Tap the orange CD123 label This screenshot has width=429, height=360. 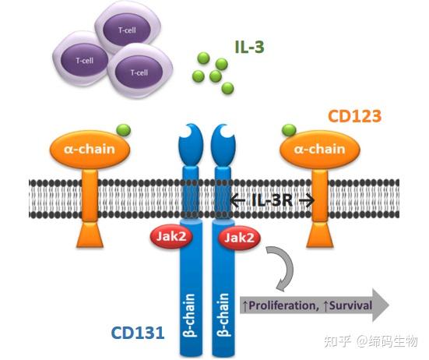coord(355,117)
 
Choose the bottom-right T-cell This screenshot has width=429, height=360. coord(139,72)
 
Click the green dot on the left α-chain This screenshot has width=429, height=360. coord(122,129)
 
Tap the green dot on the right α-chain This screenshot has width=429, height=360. coord(290,129)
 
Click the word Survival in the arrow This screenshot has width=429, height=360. coord(346,303)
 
